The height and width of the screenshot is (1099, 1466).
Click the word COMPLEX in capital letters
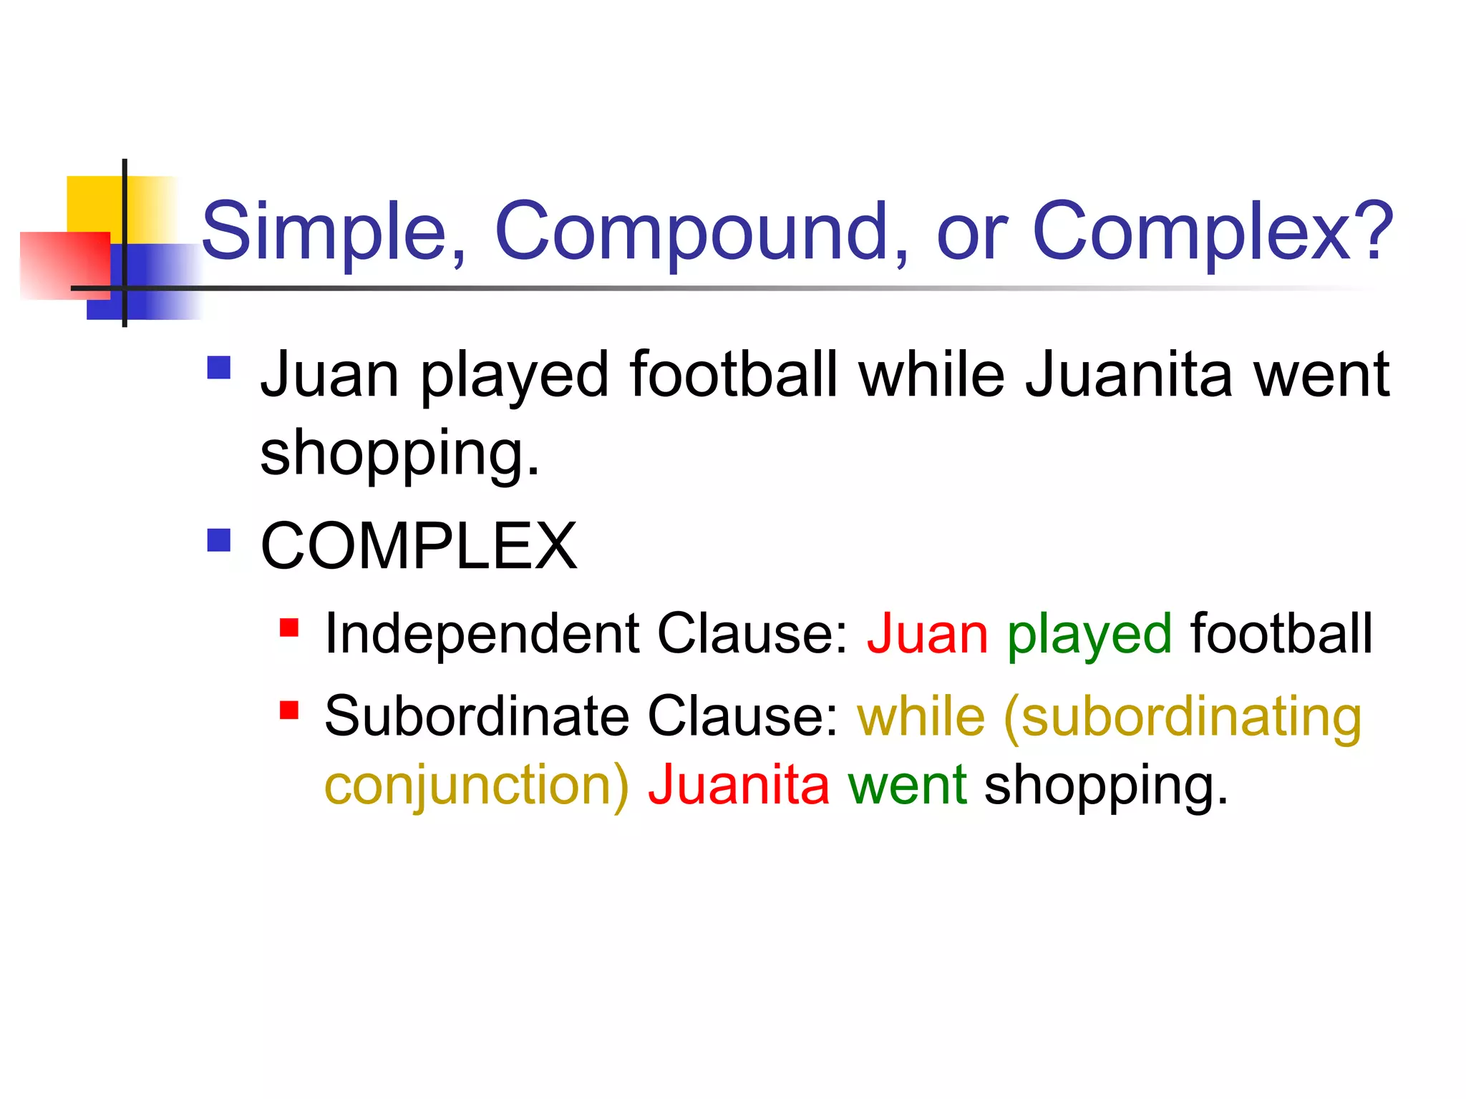coord(419,547)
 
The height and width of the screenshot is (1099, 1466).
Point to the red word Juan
coord(928,634)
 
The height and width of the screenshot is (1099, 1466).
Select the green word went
coord(908,786)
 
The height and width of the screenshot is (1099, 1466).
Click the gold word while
coord(921,717)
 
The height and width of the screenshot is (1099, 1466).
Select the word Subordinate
coord(477,717)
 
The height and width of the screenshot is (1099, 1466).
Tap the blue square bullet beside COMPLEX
coord(219,541)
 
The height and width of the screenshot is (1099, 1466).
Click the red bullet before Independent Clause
coord(289,627)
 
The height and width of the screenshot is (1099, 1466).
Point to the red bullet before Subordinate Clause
coord(289,710)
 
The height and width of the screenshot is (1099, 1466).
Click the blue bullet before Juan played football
coord(219,368)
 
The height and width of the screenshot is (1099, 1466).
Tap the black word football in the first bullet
coord(734,375)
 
